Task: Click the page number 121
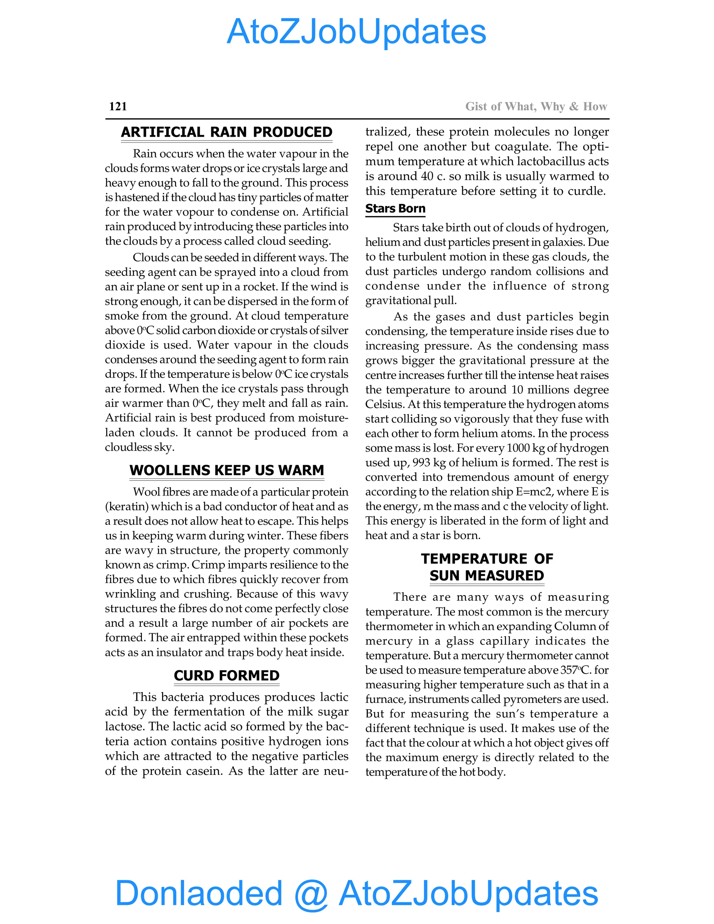[x=118, y=106]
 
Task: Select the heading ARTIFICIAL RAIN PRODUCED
[x=226, y=132]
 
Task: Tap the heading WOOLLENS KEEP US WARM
[x=226, y=470]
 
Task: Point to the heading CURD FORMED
[x=226, y=676]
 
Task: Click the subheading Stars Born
[x=395, y=209]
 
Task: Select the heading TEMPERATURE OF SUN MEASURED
[x=486, y=567]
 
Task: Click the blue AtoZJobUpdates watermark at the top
[x=356, y=32]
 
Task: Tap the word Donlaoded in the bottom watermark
[x=199, y=893]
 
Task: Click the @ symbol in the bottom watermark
[x=311, y=893]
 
